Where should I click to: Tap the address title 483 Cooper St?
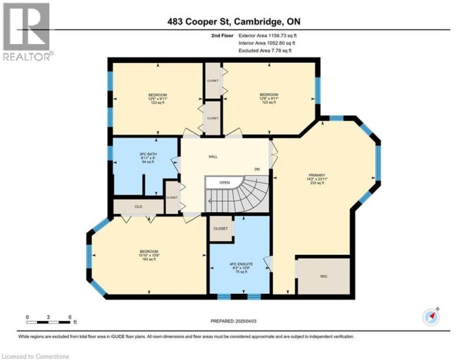coord(233,22)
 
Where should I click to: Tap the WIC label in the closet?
coord(324,276)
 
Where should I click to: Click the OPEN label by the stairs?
coord(224,182)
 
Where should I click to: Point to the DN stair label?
coord(257,169)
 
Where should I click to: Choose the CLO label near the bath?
coord(138,207)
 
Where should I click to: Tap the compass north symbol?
coord(431,316)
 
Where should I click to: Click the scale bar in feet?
coord(49,318)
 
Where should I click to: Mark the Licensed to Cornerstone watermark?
coord(31,355)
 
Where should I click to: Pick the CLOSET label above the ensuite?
coord(221,228)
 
